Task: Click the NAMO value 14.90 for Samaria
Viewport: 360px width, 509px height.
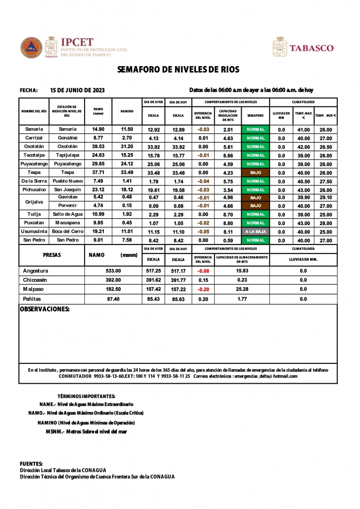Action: point(98,129)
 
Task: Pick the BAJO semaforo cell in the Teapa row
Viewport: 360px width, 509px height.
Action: point(256,172)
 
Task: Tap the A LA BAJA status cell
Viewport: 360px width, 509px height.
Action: point(256,232)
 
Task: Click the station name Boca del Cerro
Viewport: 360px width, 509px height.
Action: point(67,232)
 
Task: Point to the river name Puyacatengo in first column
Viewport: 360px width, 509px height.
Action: point(34,164)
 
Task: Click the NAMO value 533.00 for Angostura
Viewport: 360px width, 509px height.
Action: point(113,271)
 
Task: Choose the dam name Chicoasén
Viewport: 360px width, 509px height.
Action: point(36,280)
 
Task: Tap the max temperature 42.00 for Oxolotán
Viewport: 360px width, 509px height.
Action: point(303,147)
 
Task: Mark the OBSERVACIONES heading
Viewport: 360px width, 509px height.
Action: point(44,309)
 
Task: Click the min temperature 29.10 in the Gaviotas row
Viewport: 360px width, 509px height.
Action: point(326,197)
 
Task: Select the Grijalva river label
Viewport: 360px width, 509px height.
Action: point(34,201)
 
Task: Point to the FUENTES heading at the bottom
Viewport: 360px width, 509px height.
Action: point(31,463)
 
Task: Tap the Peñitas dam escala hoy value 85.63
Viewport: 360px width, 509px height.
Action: point(178,299)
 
